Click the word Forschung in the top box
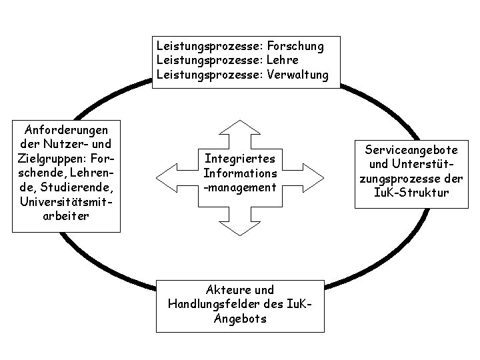point(295,47)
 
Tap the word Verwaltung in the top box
point(297,75)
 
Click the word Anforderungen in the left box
point(66,129)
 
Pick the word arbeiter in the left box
point(66,216)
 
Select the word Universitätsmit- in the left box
point(66,201)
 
